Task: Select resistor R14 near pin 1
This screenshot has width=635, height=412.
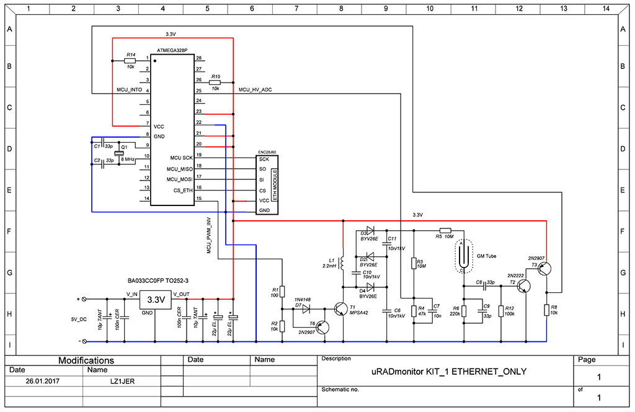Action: [130, 61]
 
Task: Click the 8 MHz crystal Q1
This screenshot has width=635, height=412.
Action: [124, 154]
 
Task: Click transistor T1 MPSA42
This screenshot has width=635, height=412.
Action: [341, 309]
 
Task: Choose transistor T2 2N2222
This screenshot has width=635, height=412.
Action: [525, 285]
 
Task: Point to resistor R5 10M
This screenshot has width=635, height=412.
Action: [445, 230]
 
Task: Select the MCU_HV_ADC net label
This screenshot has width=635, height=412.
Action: [255, 90]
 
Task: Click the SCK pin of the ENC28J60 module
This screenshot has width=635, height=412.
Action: [264, 159]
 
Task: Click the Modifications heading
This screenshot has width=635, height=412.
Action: [86, 360]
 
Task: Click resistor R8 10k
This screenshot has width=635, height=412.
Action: [547, 310]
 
